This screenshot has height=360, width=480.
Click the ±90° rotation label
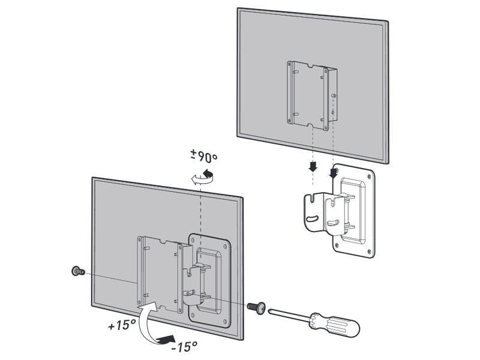pyautogui.click(x=204, y=158)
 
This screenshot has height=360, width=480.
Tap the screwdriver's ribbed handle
pyautogui.click(x=339, y=325)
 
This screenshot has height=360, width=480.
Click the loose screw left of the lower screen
pyautogui.click(x=77, y=271)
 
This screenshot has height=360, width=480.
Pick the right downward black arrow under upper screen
pyautogui.click(x=334, y=173)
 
